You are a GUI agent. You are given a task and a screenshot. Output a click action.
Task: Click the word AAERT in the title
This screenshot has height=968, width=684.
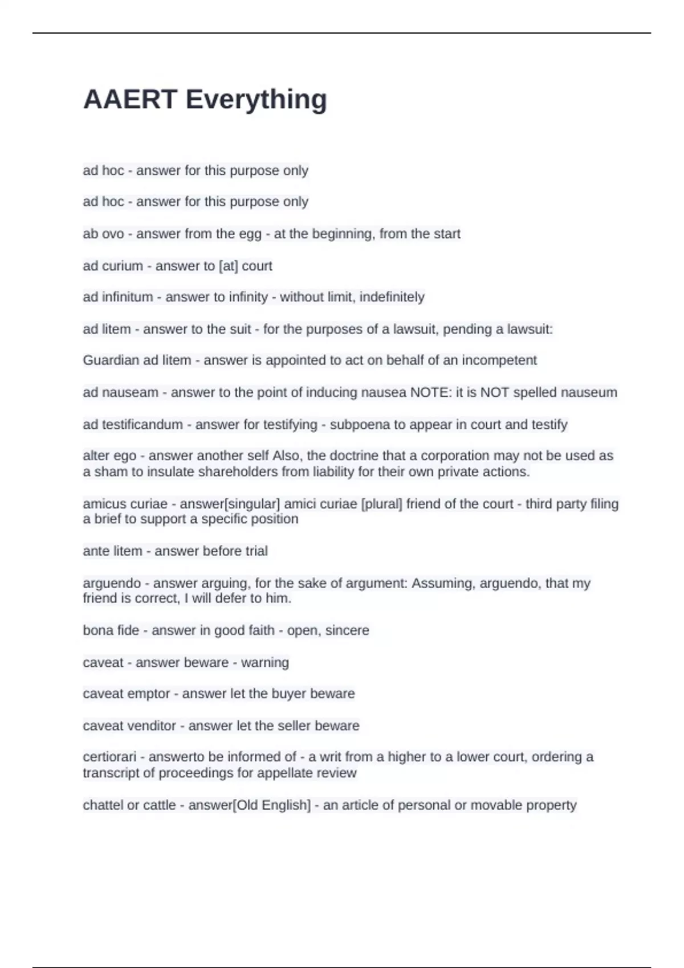pos(130,100)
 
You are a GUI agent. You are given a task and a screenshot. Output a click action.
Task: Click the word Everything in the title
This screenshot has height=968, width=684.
pos(256,100)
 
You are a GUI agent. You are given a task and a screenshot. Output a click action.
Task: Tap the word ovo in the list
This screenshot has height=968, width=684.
pos(112,234)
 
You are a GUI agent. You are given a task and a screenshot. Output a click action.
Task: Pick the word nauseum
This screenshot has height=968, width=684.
pos(589,392)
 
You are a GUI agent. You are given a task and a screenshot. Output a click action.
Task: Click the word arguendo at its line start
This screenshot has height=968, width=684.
pos(112,584)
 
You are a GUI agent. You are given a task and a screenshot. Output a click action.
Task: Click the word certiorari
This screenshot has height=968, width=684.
pos(109,757)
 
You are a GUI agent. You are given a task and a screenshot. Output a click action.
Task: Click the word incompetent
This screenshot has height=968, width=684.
pos(499,360)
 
